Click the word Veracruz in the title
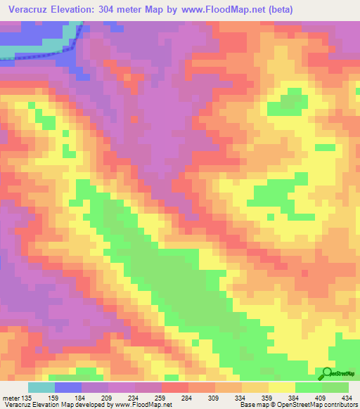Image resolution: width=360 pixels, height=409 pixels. tap(32, 9)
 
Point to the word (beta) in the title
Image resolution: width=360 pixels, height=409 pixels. tap(290, 9)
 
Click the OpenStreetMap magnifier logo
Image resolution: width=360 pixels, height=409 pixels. tap(328, 374)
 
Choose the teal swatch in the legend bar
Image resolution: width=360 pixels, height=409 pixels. tap(41, 387)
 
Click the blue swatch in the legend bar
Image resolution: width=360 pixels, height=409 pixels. tap(68, 387)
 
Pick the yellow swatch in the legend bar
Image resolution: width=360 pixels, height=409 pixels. tap(282, 387)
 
